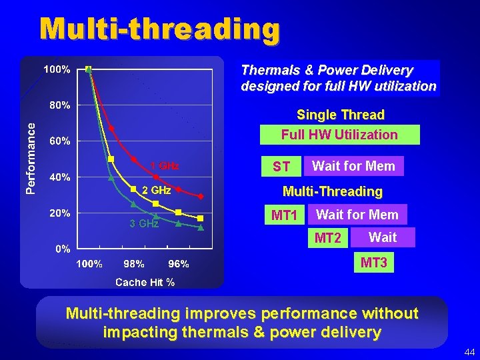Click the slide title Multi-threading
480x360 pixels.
click(x=159, y=29)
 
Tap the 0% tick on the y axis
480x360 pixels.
click(x=62, y=249)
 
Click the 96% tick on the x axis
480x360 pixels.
click(x=178, y=264)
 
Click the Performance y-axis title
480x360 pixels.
click(x=30, y=160)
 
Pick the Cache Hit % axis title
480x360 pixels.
click(x=145, y=283)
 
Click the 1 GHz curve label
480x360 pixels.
click(x=164, y=166)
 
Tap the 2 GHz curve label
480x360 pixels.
click(x=157, y=190)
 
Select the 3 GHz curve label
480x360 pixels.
click(x=144, y=224)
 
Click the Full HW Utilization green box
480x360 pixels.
click(x=339, y=135)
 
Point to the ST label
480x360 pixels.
click(x=281, y=167)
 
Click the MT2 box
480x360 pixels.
click(x=328, y=238)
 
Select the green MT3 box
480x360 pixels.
click(x=373, y=263)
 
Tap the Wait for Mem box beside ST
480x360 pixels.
click(x=353, y=166)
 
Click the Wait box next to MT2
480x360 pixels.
click(x=383, y=237)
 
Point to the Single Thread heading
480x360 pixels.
click(x=340, y=115)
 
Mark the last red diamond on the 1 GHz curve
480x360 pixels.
click(x=201, y=197)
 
